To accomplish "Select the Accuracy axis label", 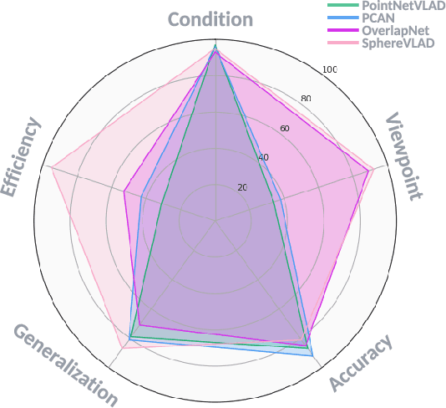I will (360, 364).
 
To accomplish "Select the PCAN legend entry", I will (378, 17).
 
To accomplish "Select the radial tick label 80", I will (306, 99).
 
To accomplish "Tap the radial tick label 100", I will (329, 69).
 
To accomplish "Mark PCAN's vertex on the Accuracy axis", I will (312, 356).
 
